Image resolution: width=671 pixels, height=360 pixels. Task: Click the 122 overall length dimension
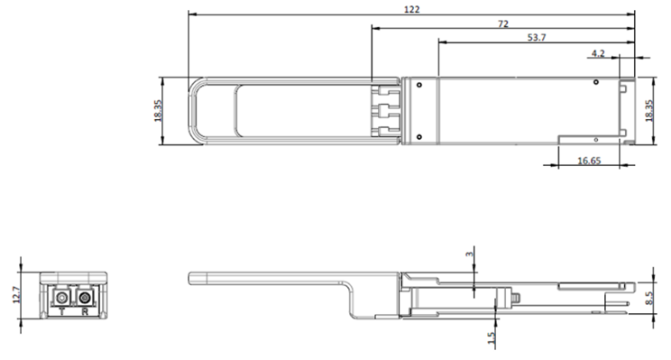[x=411, y=9]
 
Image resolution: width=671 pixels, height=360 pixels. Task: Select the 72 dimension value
[x=503, y=24]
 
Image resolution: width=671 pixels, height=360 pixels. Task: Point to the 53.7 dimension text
[x=537, y=38]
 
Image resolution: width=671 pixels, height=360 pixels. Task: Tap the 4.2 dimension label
[x=598, y=53]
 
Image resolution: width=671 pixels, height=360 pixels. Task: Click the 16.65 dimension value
[x=589, y=161]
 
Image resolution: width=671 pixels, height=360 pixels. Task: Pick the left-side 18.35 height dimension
[x=158, y=111]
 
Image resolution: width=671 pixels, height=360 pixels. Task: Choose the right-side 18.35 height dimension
[x=649, y=111]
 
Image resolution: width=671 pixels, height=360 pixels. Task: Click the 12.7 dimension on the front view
[x=17, y=295]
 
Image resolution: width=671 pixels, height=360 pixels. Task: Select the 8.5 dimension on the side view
[x=649, y=299]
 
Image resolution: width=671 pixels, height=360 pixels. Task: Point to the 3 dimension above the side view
[x=470, y=254]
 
